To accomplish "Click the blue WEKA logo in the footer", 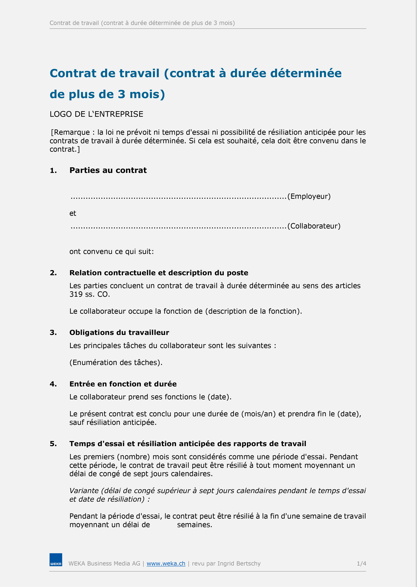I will coord(56,560).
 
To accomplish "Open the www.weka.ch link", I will coord(166,564).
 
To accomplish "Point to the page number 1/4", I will coord(361,564).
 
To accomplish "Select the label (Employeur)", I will coord(309,196).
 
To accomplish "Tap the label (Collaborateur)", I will coord(314,226).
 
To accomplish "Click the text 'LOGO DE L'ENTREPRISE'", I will coord(96,114).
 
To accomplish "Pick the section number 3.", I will coord(53,333).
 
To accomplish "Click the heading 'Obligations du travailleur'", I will coord(119,333).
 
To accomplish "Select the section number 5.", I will coord(53,444).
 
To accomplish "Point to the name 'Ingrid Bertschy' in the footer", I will coord(239,564).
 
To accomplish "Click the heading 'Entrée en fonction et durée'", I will coord(123,384).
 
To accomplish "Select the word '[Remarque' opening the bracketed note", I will coord(70,132).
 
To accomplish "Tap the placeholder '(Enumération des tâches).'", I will coord(116,363).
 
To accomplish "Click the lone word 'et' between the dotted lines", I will coord(73,214).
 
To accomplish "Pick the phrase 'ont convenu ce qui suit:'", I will coord(111,252).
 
